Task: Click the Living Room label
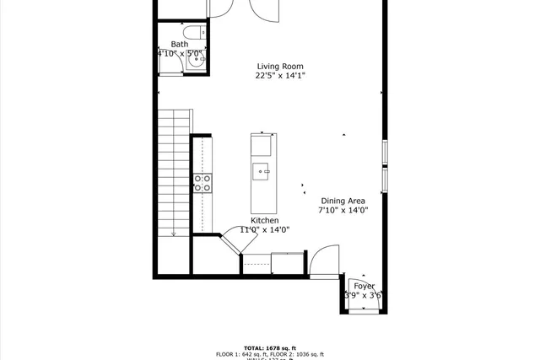[x=279, y=67]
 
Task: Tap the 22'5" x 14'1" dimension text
[x=279, y=76]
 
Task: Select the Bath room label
[x=180, y=45]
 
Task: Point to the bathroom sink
[x=193, y=61]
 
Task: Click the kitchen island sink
[x=261, y=171]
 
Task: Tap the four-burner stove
[x=202, y=183]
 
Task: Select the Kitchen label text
[x=264, y=220]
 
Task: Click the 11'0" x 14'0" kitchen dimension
[x=264, y=229]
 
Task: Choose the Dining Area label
[x=343, y=201]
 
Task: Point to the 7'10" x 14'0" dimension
[x=343, y=211]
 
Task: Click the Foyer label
[x=364, y=287]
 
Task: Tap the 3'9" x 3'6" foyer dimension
[x=364, y=296]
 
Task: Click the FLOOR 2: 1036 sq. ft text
[x=295, y=354]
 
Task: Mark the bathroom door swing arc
[x=219, y=8]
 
